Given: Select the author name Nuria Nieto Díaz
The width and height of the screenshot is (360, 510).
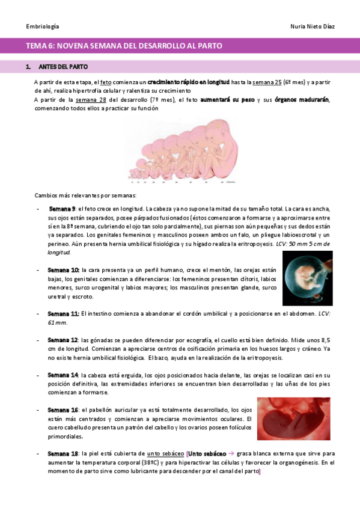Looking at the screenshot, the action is pos(313,27).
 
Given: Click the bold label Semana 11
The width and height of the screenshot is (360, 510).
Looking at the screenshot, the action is pos(63,313).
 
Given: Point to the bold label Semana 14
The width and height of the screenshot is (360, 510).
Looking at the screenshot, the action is pos(63,375).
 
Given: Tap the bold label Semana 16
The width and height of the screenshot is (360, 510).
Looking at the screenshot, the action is pos(63,410).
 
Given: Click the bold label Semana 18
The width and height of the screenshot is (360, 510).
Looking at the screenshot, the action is pos(63,453).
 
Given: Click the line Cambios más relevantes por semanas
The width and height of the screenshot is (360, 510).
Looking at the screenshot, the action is pos(85,195).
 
